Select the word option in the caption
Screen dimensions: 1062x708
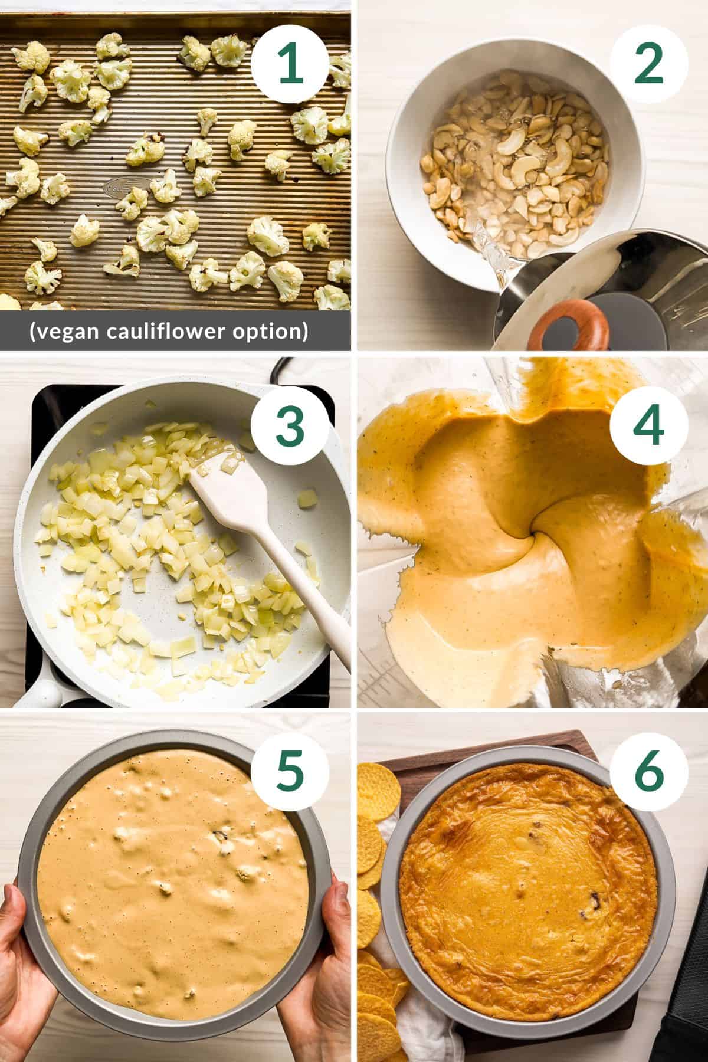pos(276,332)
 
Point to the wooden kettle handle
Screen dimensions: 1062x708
pos(569,328)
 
